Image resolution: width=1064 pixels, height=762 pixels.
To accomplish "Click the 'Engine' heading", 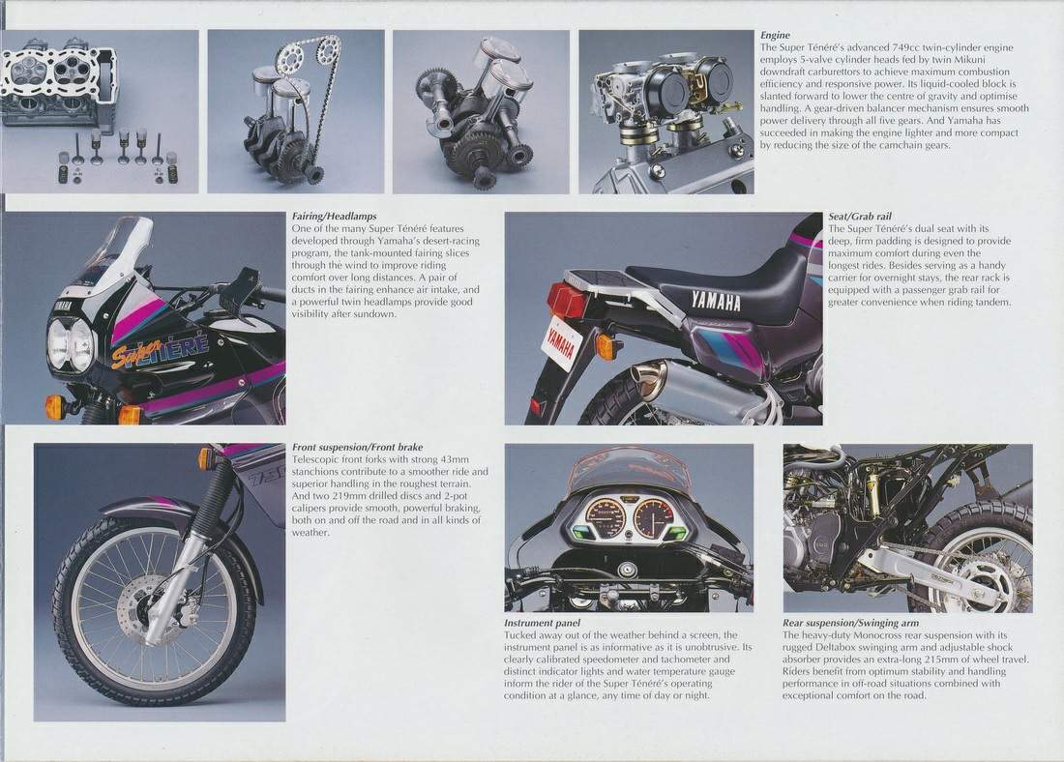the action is pyautogui.click(x=775, y=35).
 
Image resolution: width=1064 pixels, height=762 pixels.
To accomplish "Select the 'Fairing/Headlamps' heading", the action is pyautogui.click(x=334, y=217).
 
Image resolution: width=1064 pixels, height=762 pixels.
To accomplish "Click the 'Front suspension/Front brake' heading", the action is pyautogui.click(x=358, y=447).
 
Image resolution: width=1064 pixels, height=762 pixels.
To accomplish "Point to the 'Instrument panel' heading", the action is pyautogui.click(x=543, y=623).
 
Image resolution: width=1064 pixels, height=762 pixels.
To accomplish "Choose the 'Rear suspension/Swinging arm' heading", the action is pyautogui.click(x=851, y=623).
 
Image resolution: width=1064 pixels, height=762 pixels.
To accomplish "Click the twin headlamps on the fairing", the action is pyautogui.click(x=70, y=344).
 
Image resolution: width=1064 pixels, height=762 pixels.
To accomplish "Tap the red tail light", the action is pyautogui.click(x=562, y=299).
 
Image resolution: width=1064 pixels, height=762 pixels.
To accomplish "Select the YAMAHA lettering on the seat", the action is pyautogui.click(x=716, y=300).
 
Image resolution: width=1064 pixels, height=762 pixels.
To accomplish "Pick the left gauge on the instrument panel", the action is pyautogui.click(x=606, y=521).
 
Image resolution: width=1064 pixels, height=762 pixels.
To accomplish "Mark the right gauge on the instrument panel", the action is pyautogui.click(x=653, y=519).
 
